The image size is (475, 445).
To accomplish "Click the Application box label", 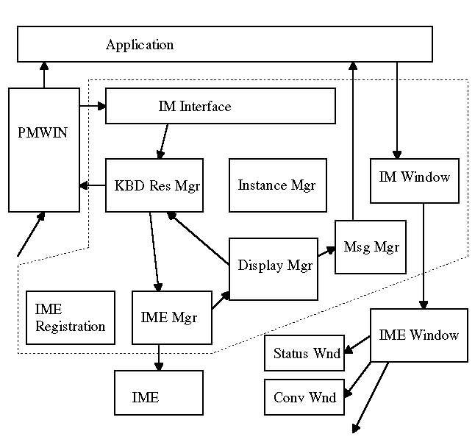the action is click(140, 45).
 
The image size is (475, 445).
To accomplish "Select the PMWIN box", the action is click(44, 150).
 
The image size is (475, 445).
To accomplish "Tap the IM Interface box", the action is click(221, 106).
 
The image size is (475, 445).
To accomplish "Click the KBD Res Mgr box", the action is click(154, 185).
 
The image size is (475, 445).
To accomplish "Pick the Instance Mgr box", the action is click(278, 185).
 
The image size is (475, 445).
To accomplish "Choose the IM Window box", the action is click(415, 181).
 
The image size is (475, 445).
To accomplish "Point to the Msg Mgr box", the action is click(371, 247).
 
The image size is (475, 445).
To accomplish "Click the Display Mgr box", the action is click(274, 269).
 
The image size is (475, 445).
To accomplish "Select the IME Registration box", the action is click(71, 318).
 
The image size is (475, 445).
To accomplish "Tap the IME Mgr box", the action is click(172, 318).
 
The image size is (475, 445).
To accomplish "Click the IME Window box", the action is click(419, 335).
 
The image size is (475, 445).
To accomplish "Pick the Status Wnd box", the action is click(304, 353).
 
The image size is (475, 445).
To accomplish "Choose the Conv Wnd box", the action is click(304, 397).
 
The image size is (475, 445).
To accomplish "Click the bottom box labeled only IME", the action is click(159, 393).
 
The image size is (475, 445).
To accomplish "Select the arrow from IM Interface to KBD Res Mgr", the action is click(163, 141).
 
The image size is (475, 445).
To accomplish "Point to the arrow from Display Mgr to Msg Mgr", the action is click(326, 252).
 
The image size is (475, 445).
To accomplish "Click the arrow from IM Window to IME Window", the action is click(424, 256).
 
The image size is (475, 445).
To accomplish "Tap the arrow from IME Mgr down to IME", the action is click(159, 357).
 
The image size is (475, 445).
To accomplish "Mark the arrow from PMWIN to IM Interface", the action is click(93, 106).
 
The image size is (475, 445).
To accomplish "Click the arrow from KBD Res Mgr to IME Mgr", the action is click(154, 252).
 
